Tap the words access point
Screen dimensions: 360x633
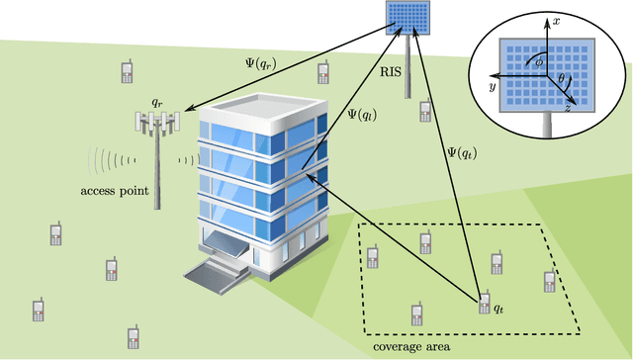pyautogui.click(x=114, y=192)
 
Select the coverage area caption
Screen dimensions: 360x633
pyautogui.click(x=412, y=347)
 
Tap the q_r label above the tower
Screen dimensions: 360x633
pyautogui.click(x=155, y=102)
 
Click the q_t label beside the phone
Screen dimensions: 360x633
pyautogui.click(x=499, y=310)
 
